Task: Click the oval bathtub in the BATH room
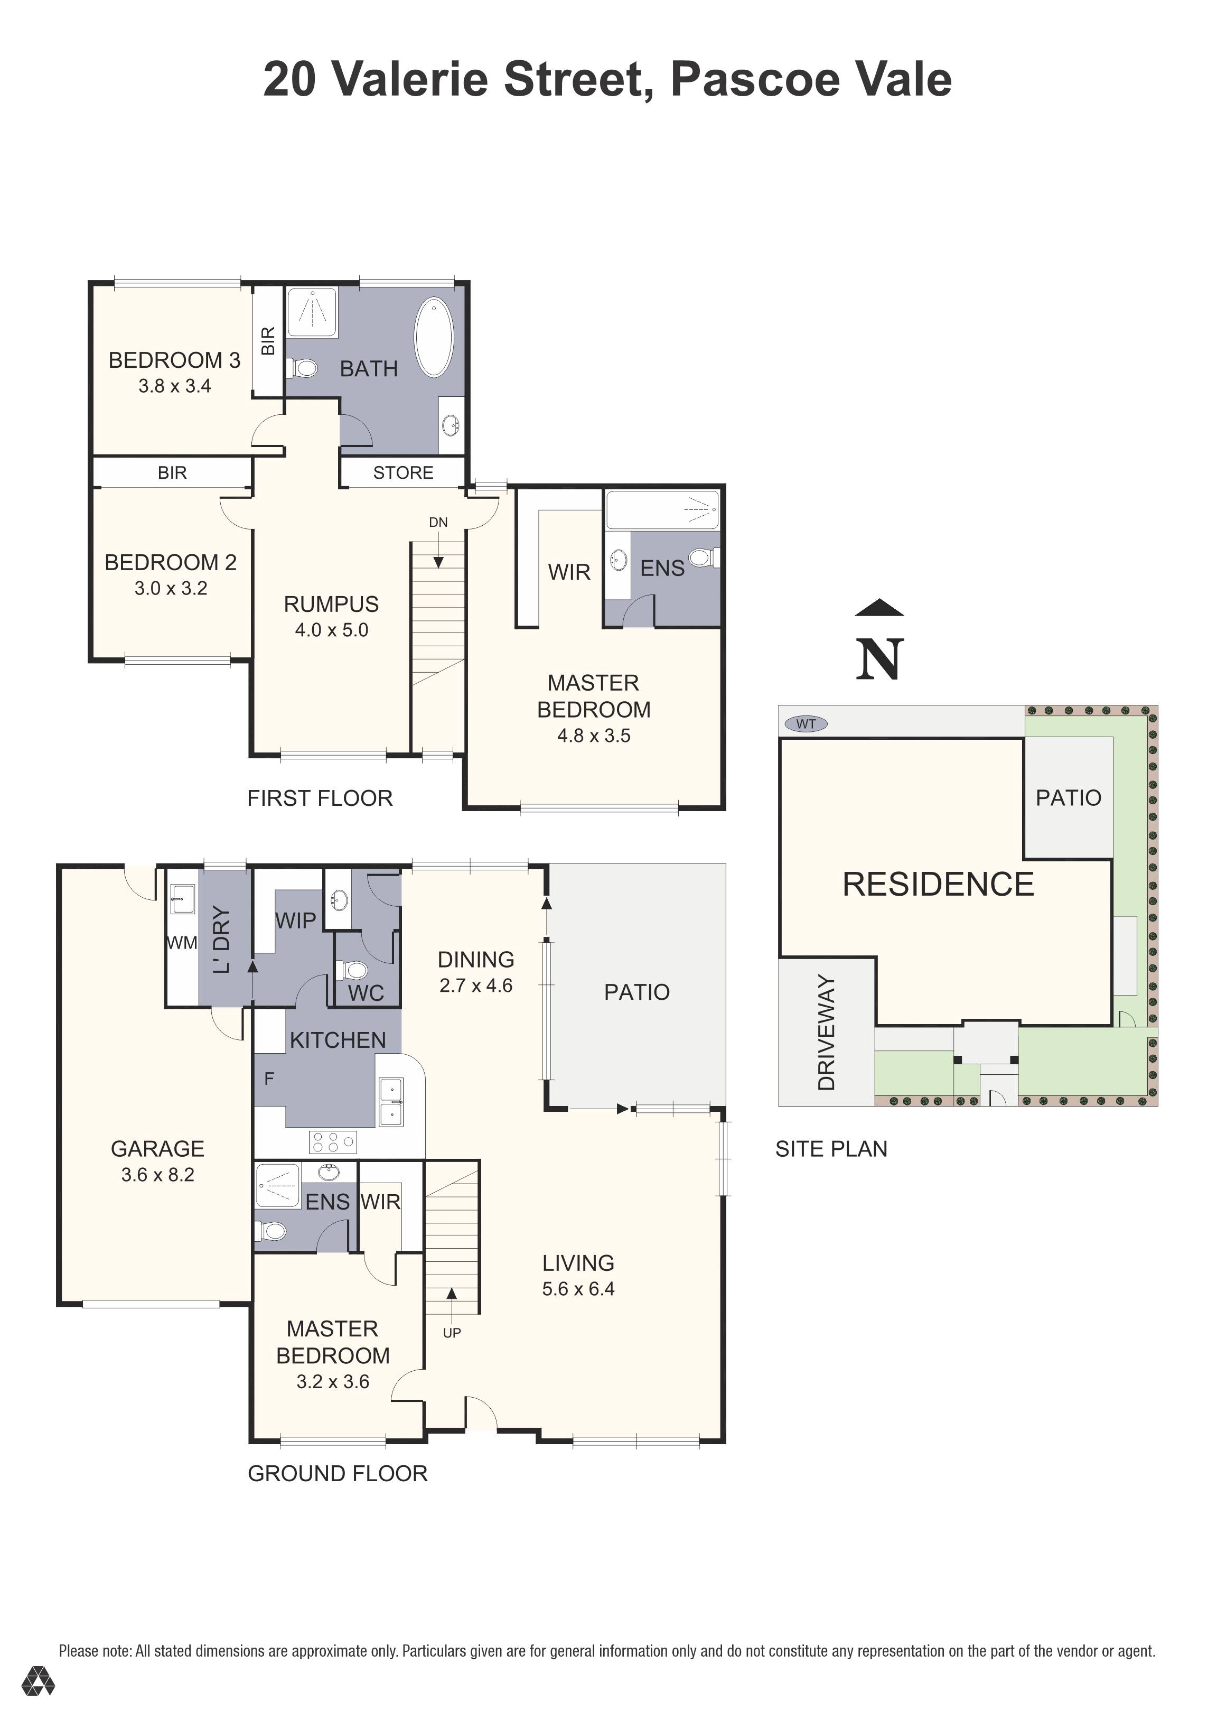(434, 337)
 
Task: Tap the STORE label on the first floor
(404, 473)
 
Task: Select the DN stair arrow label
(438, 522)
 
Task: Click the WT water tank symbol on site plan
(806, 724)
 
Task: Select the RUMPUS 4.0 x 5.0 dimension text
(332, 630)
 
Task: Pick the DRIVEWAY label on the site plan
(826, 1033)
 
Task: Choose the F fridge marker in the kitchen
(269, 1079)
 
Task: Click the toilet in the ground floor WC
(351, 969)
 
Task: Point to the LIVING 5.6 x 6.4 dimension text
(578, 1289)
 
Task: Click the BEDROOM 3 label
(175, 361)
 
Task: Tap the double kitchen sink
(391, 1102)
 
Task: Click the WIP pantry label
(295, 920)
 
